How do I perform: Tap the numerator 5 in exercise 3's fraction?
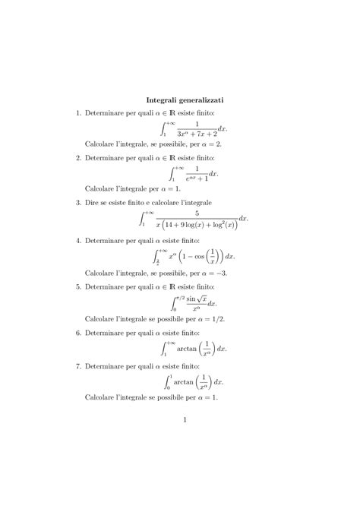point(196,213)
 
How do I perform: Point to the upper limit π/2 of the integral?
point(179,294)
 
